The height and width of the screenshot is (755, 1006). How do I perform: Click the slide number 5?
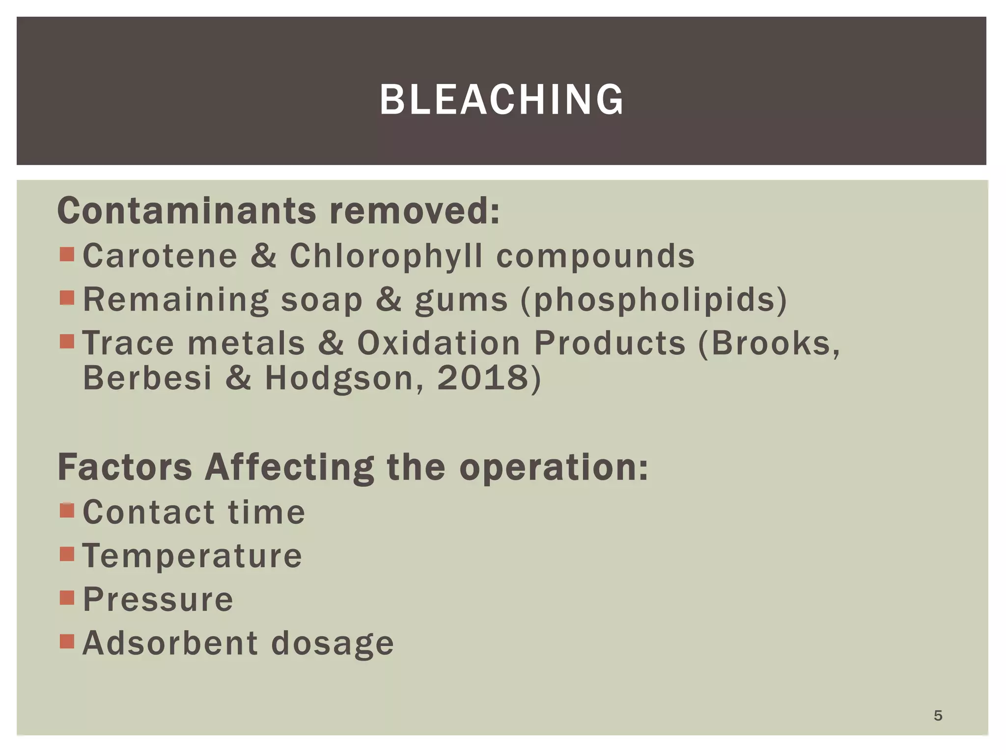click(938, 716)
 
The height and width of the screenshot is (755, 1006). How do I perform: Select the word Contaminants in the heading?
click(187, 211)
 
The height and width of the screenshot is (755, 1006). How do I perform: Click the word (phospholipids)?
click(654, 299)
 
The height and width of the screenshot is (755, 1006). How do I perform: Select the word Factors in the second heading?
click(125, 467)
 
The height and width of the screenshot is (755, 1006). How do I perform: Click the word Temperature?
click(192, 555)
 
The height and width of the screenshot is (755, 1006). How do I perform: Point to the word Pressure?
click(158, 599)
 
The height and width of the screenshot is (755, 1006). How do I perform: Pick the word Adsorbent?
click(170, 643)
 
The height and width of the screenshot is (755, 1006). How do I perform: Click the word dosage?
click(333, 644)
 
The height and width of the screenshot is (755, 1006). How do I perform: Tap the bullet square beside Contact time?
click(67, 510)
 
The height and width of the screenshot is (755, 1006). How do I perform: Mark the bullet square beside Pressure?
click(67, 598)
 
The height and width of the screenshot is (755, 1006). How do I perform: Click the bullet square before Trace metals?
click(67, 341)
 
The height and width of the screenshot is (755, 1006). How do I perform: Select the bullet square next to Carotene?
click(67, 254)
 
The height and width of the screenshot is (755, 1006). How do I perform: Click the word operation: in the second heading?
click(554, 467)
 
